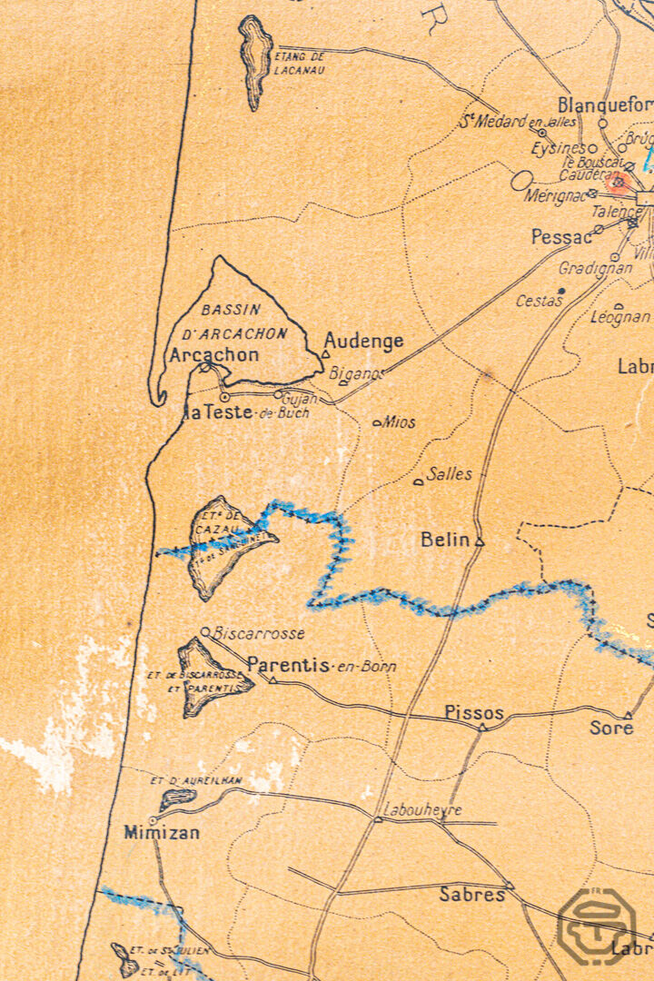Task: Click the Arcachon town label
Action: coord(213,354)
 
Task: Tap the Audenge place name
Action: coord(363,342)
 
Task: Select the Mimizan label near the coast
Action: coord(162,831)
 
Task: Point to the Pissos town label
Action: coord(474,713)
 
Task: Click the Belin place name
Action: coord(445,540)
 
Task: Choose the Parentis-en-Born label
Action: coord(322,665)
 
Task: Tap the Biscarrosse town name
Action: coord(258,633)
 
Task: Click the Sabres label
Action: coord(472,894)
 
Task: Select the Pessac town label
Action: coord(561,237)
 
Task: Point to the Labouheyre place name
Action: coord(422,809)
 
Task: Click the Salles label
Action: coord(450,473)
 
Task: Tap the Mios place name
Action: coord(399,421)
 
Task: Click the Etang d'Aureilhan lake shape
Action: coord(177,799)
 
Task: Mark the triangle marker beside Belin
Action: coord(480,542)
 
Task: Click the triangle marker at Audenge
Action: coord(325,354)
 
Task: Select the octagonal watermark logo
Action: coord(596,926)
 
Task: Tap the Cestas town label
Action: coord(539,300)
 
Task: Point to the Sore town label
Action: coord(611,728)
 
